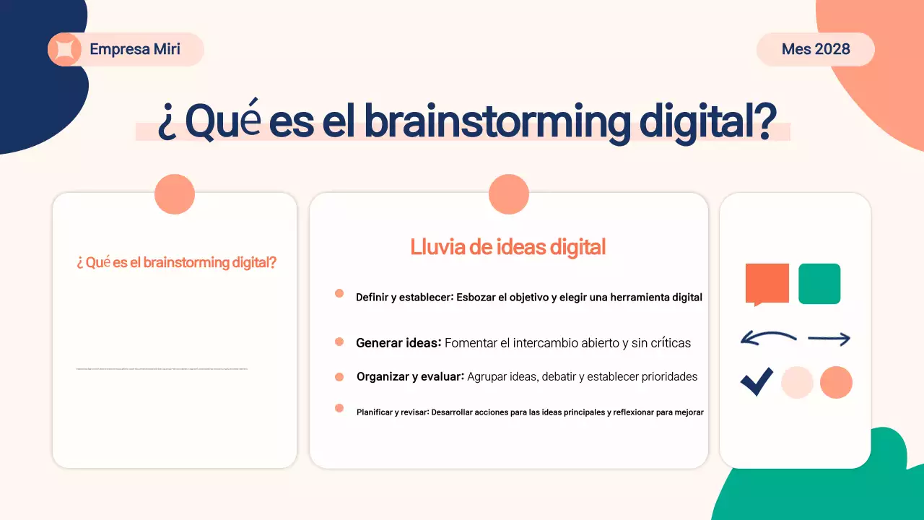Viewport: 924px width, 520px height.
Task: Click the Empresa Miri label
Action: (x=135, y=50)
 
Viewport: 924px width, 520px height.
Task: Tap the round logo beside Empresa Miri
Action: (x=64, y=50)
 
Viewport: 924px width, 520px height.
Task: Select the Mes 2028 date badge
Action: (x=816, y=50)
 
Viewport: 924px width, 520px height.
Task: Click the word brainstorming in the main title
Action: (x=497, y=122)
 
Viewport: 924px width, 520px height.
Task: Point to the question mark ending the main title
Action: (x=764, y=122)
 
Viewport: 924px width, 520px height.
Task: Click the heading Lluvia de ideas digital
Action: (x=507, y=247)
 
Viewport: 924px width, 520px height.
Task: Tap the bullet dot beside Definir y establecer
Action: (x=339, y=293)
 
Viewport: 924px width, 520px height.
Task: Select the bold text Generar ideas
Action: (x=398, y=343)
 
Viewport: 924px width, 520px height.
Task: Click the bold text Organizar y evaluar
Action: (x=409, y=376)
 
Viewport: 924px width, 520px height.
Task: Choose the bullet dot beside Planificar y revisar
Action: (x=339, y=408)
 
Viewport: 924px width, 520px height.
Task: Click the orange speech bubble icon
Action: (x=767, y=283)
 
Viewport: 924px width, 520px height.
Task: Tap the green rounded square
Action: (x=819, y=283)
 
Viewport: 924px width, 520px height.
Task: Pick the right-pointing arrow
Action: (x=829, y=338)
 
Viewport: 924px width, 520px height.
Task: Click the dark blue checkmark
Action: (x=757, y=381)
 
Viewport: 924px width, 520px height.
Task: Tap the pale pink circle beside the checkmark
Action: (x=797, y=382)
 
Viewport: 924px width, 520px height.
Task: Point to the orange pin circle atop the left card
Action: (x=175, y=194)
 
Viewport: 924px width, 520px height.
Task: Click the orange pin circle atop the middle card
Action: (x=509, y=194)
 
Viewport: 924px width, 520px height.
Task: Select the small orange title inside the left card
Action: (x=176, y=262)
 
